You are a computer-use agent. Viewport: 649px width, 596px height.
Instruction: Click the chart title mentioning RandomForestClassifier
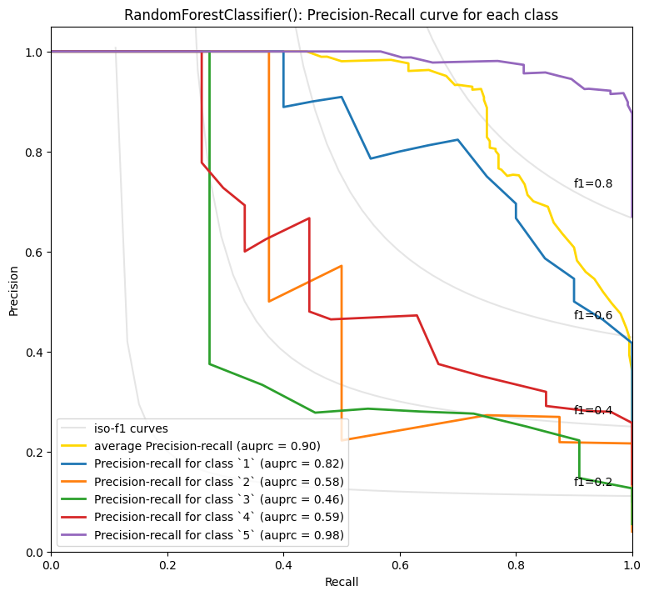click(x=341, y=15)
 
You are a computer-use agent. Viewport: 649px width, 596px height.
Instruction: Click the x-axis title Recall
click(x=342, y=582)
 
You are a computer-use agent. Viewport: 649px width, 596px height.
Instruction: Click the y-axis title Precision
click(x=13, y=289)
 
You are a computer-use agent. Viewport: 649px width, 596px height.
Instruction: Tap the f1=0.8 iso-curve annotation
click(x=593, y=184)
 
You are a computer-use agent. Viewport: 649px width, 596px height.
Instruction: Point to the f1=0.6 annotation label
click(x=593, y=316)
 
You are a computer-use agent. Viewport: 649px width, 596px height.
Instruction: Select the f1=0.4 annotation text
click(x=593, y=411)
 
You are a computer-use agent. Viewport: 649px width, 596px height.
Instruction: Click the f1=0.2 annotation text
click(x=593, y=483)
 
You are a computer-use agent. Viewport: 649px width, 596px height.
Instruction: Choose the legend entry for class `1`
click(x=218, y=463)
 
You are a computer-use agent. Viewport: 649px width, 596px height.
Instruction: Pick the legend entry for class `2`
click(x=218, y=481)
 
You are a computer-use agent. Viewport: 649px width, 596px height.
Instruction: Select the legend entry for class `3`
click(x=218, y=499)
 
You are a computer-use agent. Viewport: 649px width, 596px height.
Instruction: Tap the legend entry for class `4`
click(x=218, y=517)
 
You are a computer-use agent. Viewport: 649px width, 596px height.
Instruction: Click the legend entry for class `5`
click(x=218, y=534)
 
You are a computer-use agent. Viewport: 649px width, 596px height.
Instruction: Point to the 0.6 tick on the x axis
click(x=400, y=564)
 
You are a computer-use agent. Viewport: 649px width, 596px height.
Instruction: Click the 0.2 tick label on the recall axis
click(x=167, y=564)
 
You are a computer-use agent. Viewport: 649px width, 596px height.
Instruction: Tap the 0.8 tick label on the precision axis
click(x=33, y=153)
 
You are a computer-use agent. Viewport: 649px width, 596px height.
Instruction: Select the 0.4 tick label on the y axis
click(x=33, y=353)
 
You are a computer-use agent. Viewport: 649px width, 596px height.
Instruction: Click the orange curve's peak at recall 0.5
click(x=342, y=266)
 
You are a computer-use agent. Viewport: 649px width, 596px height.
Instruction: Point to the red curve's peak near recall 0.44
click(x=309, y=218)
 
